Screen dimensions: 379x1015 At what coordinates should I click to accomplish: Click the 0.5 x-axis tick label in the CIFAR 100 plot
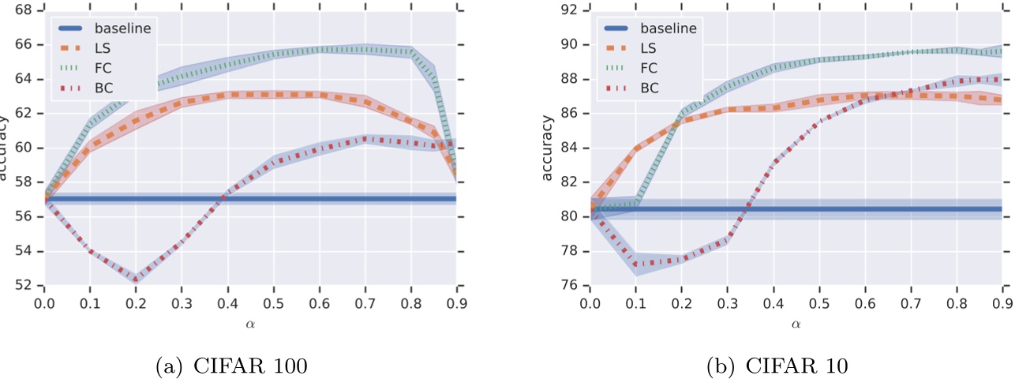point(272,303)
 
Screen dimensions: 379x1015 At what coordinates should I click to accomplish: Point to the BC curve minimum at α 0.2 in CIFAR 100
point(136,279)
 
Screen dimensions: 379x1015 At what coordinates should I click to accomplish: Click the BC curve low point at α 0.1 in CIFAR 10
point(635,265)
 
